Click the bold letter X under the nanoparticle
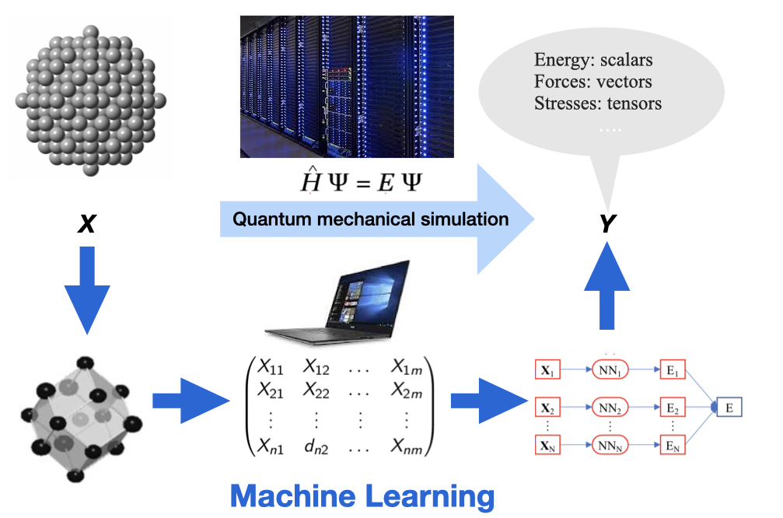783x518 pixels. point(88,226)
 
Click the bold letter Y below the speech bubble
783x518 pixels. point(606,225)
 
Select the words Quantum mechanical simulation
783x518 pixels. point(371,219)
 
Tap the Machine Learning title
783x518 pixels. point(362,495)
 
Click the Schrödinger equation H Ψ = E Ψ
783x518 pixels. point(362,183)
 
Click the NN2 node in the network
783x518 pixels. point(609,407)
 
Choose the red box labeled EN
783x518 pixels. point(673,445)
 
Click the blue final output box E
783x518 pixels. point(728,407)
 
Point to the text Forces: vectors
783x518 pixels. point(593,81)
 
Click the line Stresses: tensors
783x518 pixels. point(598,102)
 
